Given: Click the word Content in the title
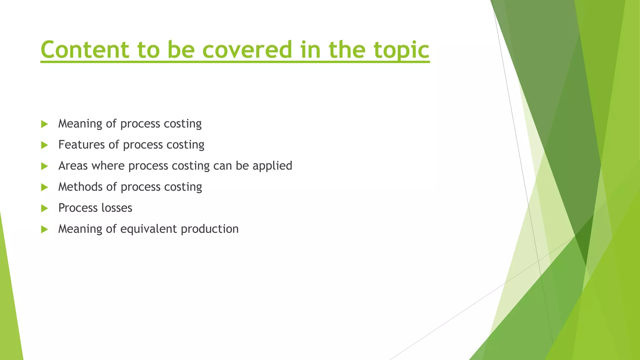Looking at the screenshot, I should click(x=85, y=50).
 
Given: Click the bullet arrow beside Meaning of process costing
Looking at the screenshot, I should click(x=44, y=124).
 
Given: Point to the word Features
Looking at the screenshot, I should click(x=81, y=145).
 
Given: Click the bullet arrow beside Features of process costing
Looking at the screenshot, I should click(x=44, y=145).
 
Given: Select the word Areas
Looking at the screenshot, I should click(x=73, y=166).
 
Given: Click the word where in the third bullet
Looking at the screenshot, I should click(x=108, y=166).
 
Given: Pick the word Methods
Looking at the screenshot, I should click(x=80, y=187).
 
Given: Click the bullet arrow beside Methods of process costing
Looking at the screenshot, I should click(x=44, y=187).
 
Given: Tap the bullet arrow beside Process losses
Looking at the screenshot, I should click(x=44, y=208).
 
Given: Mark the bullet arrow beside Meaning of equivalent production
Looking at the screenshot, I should click(x=44, y=229).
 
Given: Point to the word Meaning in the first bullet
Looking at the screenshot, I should click(x=80, y=124).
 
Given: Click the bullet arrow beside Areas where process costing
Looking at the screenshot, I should click(x=44, y=166).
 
